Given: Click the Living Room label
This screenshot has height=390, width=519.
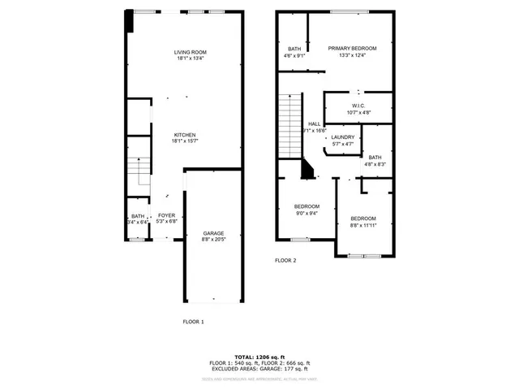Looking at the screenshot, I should click(190, 52).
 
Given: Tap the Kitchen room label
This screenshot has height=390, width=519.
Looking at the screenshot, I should click(185, 135).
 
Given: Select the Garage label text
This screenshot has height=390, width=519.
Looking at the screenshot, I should click(213, 233).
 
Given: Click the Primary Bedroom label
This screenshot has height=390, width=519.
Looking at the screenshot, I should click(353, 49).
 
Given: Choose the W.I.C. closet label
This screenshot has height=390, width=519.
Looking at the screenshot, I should click(358, 106).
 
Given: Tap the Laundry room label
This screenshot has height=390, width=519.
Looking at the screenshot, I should click(343, 137).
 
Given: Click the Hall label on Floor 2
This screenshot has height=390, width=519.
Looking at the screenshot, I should click(314, 123).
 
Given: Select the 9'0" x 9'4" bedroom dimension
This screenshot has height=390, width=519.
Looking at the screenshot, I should click(307, 214).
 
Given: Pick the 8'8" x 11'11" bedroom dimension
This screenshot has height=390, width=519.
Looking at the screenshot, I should click(364, 225).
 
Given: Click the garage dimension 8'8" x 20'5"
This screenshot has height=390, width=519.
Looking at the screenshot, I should click(213, 240).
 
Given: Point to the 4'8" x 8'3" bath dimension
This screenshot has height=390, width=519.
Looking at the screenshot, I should click(375, 164).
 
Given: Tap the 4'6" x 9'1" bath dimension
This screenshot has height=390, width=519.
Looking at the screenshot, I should click(294, 56).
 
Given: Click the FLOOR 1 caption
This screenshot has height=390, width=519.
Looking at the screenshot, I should click(193, 322).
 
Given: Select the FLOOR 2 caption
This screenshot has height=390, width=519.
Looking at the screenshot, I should click(285, 260).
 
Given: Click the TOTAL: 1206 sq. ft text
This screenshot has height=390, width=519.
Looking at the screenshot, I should click(259, 357).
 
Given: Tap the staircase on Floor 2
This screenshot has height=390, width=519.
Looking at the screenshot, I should click(290, 125).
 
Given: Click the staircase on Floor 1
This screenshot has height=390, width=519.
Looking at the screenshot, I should click(139, 171).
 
